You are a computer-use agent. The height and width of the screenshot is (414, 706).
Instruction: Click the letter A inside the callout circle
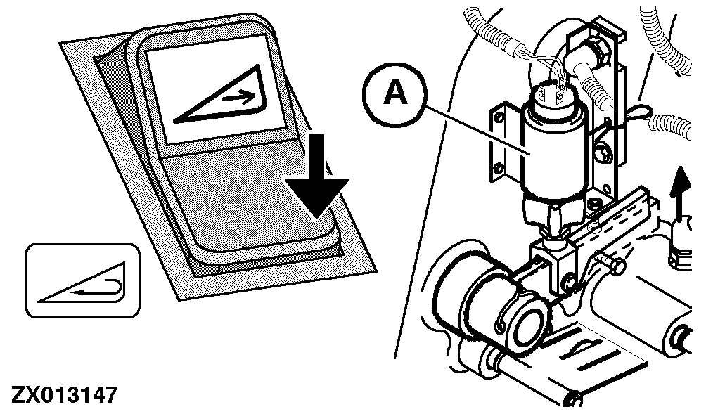(x=395, y=93)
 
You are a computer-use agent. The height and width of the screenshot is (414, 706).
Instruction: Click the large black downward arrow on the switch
(x=317, y=177)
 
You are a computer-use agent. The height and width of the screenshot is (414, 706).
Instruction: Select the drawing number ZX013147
(x=64, y=395)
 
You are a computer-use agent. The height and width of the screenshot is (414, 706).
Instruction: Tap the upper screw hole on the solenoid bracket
(x=498, y=118)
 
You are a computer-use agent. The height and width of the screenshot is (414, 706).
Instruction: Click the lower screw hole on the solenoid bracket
(x=498, y=168)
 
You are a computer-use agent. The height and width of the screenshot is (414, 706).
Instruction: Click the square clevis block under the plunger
(x=554, y=259)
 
